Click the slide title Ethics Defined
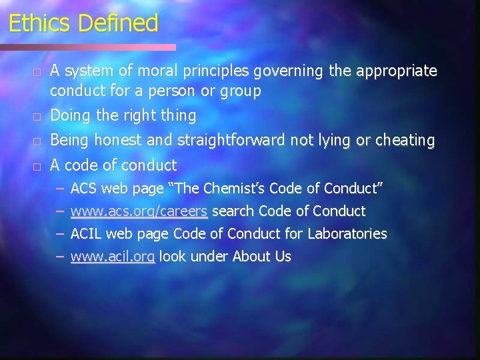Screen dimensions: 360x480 (83, 23)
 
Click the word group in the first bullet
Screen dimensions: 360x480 (241, 91)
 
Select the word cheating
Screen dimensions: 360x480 (404, 141)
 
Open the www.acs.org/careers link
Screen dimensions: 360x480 (139, 212)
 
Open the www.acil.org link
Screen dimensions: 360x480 (113, 257)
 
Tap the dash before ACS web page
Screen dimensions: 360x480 (60, 189)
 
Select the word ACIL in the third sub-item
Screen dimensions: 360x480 (86, 234)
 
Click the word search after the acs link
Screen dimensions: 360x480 (233, 212)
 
